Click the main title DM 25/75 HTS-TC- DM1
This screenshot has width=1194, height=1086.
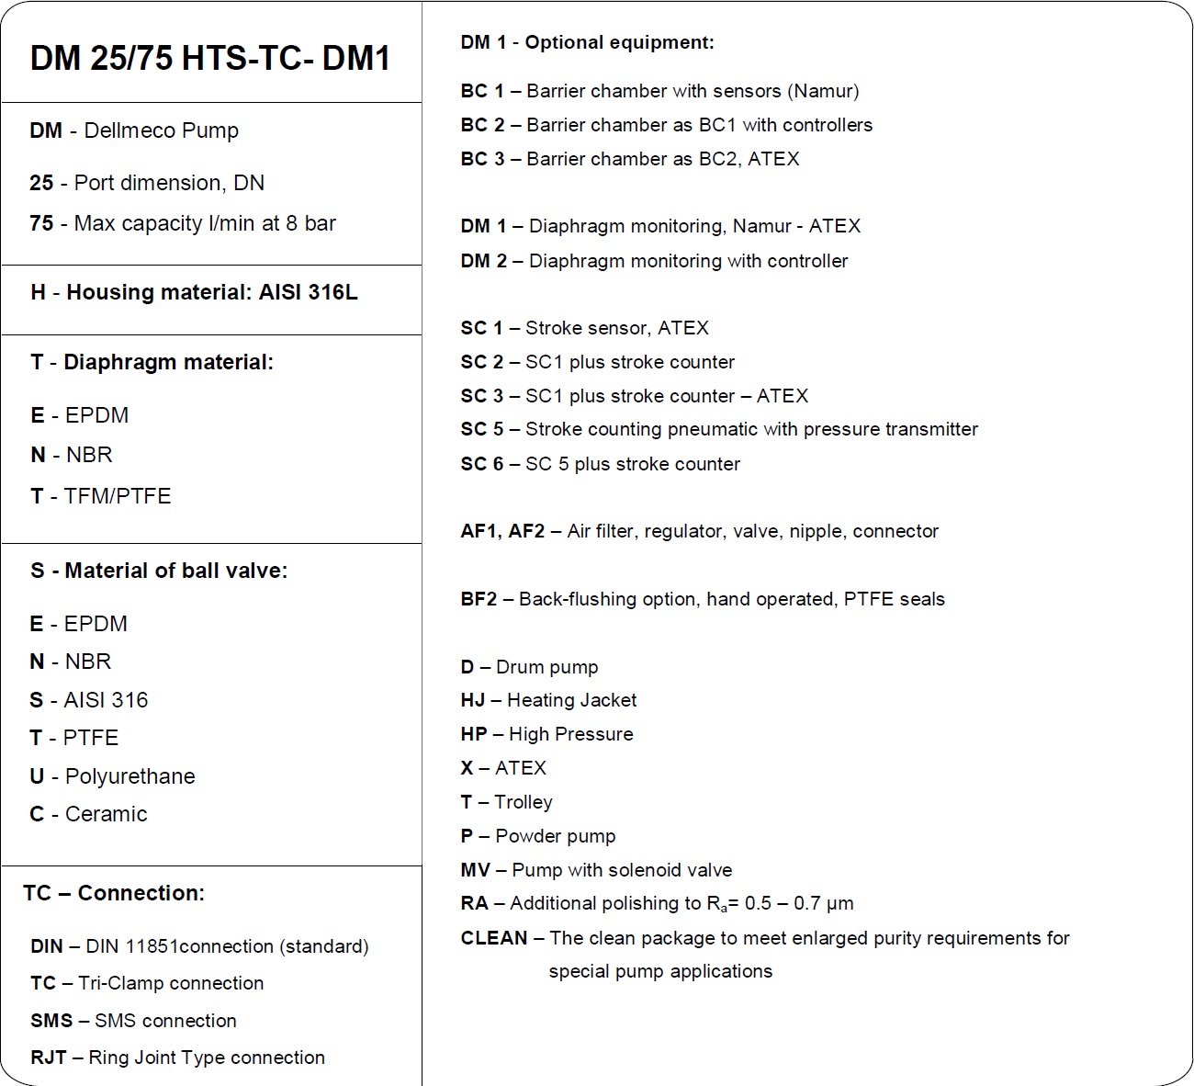[x=210, y=58]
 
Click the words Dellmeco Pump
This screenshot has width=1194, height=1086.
[x=161, y=130]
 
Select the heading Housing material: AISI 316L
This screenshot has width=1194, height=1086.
[x=211, y=292]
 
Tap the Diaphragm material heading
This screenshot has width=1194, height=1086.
[x=168, y=362]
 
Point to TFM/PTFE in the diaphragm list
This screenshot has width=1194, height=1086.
[x=117, y=496]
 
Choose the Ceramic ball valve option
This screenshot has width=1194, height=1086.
[x=106, y=814]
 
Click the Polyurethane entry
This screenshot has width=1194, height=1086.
[x=130, y=776]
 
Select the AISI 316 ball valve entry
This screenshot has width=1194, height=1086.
[x=105, y=700]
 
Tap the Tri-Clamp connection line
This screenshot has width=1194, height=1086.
[x=171, y=983]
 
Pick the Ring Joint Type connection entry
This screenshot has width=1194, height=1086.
[x=206, y=1058]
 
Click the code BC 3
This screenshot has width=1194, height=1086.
[x=482, y=159]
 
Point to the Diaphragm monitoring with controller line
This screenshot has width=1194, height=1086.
[x=688, y=261]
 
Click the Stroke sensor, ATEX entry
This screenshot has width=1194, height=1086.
[x=616, y=328]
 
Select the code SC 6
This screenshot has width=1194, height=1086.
[x=482, y=464]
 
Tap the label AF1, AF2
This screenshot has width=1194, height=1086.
[x=502, y=531]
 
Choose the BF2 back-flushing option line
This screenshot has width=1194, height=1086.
[x=703, y=599]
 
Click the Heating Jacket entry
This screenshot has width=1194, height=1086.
[x=571, y=700]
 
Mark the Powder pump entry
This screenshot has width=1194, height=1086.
[x=555, y=836]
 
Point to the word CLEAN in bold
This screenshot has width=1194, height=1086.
[x=494, y=938]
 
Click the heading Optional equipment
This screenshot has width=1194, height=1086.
[x=619, y=42]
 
